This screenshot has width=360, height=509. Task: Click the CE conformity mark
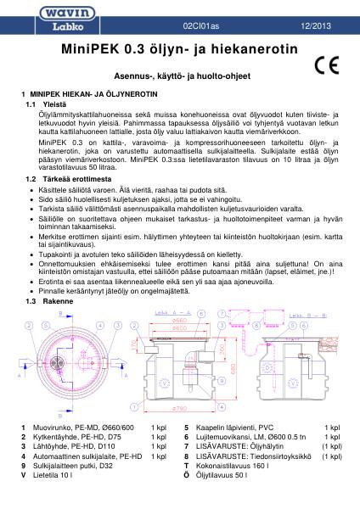326,64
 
